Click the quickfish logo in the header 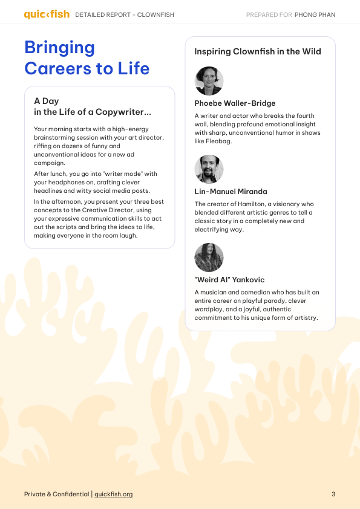[x=47, y=15]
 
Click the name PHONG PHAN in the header [x=315, y=15]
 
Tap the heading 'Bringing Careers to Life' [x=87, y=57]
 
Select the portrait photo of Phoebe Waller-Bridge [x=209, y=81]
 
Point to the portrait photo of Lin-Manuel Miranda [x=209, y=169]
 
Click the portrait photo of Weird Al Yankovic [x=209, y=258]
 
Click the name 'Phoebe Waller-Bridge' [x=235, y=103]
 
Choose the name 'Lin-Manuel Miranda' [x=231, y=192]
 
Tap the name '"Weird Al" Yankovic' [x=229, y=280]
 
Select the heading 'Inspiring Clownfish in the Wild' [x=258, y=52]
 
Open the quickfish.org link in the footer [x=113, y=494]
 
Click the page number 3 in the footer [x=333, y=494]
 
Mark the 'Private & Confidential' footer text [x=57, y=494]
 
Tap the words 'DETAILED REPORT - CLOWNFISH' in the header [x=113, y=15]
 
